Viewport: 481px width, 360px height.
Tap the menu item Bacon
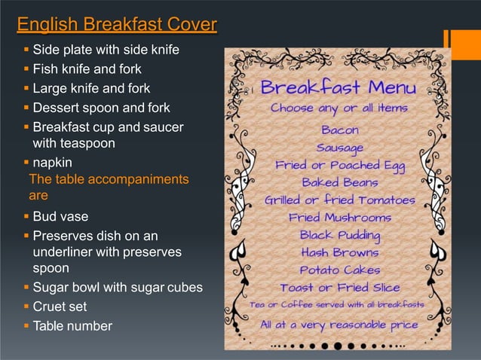[x=339, y=130]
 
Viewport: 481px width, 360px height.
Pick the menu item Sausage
[x=339, y=147]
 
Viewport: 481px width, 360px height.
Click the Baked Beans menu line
[x=339, y=182]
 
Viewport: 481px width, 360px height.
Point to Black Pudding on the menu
[x=339, y=234]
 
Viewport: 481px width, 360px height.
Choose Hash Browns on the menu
[x=339, y=252]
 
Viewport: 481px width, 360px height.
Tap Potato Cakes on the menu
[x=339, y=270]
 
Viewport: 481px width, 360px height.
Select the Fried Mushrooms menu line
[x=339, y=217]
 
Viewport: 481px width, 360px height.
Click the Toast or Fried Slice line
[x=339, y=287]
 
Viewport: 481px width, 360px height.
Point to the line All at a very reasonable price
[x=339, y=325]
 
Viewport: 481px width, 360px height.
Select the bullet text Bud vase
[x=60, y=217]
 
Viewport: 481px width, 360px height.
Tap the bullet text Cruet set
[x=60, y=307]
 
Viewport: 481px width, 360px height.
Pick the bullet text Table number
[x=72, y=326]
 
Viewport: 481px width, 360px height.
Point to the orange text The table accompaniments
[x=109, y=179]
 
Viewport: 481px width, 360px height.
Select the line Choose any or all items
[x=339, y=108]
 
